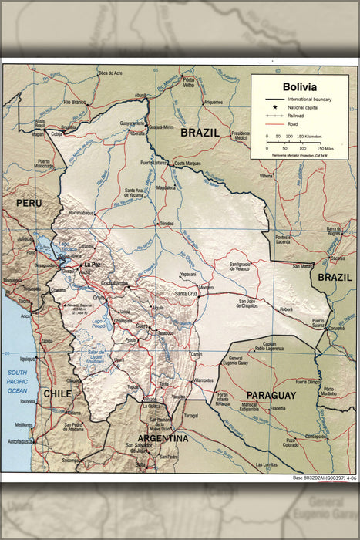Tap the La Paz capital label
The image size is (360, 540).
click(93, 265)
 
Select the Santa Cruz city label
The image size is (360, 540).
click(187, 294)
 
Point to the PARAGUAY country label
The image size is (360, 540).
click(271, 395)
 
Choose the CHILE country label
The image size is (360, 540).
click(57, 393)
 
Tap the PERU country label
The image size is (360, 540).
click(27, 202)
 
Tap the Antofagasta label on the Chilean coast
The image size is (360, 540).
click(20, 442)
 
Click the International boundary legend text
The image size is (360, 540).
click(309, 100)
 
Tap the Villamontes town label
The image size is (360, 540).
click(204, 380)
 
